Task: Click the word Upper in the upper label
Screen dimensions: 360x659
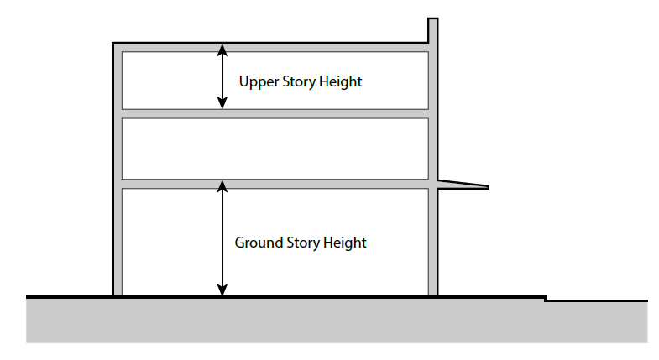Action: coord(257,82)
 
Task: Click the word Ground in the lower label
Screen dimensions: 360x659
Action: coord(257,243)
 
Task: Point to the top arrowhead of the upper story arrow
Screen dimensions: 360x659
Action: coord(222,49)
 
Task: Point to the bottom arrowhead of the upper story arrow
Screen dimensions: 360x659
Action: coord(222,104)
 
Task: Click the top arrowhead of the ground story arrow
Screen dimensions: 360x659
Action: coord(222,186)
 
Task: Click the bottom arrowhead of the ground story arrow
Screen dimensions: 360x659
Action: coord(222,290)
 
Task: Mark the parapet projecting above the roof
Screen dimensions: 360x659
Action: coord(433,30)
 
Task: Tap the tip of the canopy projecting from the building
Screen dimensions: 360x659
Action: coord(486,186)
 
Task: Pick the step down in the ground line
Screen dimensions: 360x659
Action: coord(546,298)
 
